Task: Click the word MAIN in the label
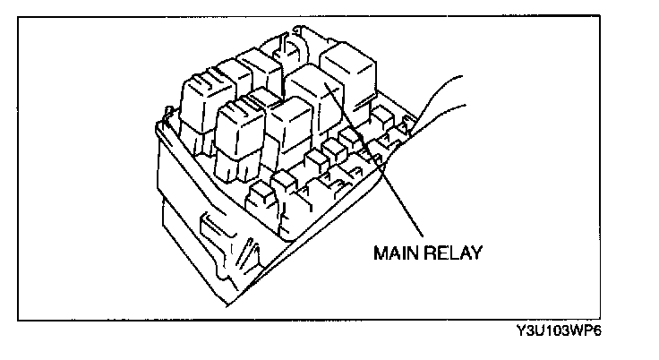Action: (394, 252)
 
